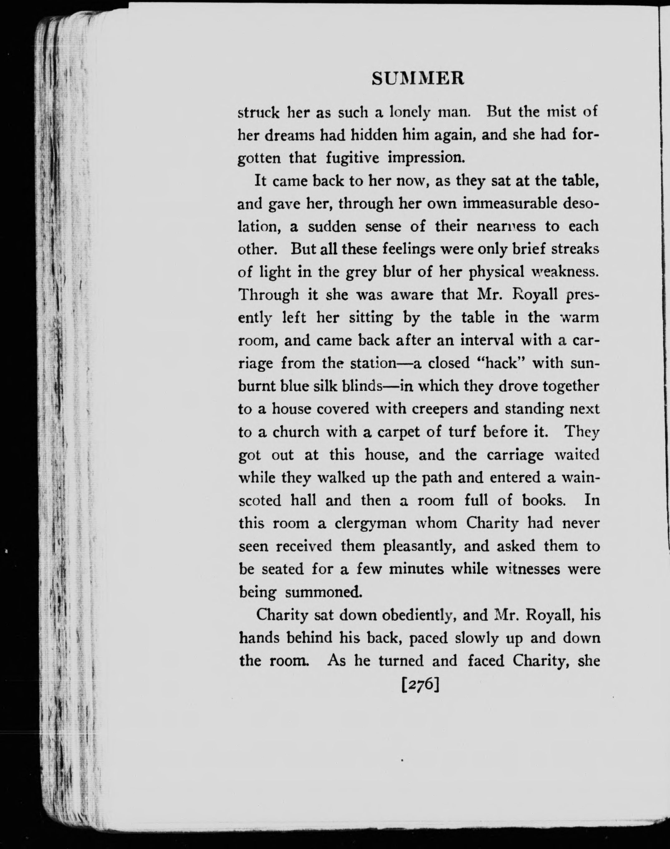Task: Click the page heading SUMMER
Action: tap(418, 78)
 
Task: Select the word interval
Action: tap(487, 340)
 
